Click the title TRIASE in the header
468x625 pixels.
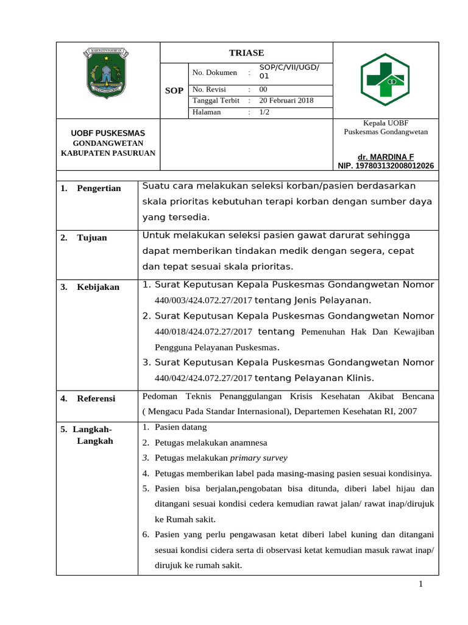(x=246, y=53)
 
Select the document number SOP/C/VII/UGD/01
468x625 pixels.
(x=289, y=72)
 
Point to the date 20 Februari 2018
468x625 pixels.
(x=286, y=100)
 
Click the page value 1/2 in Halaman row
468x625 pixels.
(x=264, y=112)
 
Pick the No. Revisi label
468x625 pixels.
(x=209, y=89)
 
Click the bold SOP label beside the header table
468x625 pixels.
(x=174, y=90)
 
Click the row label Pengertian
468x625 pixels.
(x=99, y=188)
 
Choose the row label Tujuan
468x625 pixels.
(x=91, y=237)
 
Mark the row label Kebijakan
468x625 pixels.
(x=98, y=287)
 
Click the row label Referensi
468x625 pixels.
(x=96, y=399)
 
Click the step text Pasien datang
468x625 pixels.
(x=181, y=427)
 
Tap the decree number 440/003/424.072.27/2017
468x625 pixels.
(x=204, y=300)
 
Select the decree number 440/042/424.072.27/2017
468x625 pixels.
(x=204, y=378)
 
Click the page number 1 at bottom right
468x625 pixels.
(x=420, y=585)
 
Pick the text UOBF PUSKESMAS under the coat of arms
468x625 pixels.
(x=108, y=133)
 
